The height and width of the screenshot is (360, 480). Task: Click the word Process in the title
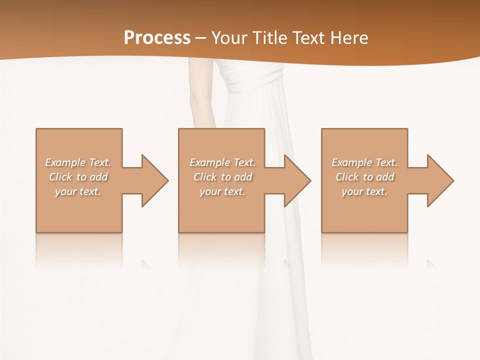(157, 38)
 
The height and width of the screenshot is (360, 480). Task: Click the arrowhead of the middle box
(296, 180)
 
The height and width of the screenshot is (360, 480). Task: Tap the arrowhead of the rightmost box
(439, 180)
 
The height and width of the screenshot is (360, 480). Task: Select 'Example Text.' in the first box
(78, 162)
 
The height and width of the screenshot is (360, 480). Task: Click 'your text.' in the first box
(78, 191)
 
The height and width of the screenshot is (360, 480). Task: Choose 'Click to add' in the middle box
(222, 177)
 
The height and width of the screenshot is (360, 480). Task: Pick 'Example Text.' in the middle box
(222, 162)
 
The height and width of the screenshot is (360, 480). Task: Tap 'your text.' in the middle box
(222, 191)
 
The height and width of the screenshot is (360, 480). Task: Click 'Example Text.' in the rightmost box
(365, 162)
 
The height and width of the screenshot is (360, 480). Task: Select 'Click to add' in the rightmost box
(365, 177)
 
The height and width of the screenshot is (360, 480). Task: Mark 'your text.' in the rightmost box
(364, 191)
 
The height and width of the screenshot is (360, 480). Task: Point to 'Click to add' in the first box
(78, 177)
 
